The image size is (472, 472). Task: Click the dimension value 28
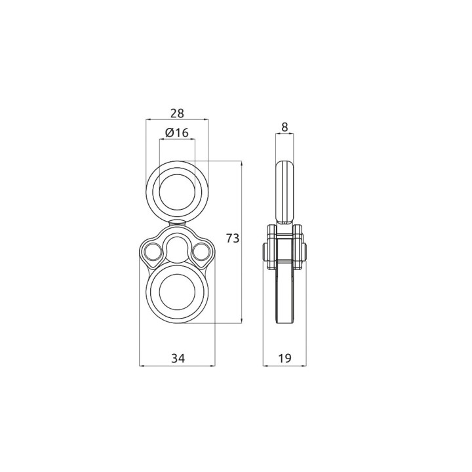177,113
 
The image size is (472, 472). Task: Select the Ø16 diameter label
177,132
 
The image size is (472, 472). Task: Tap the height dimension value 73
233,238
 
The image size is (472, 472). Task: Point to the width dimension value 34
178,358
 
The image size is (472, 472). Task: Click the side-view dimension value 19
285,358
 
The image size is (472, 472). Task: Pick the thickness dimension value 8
285,127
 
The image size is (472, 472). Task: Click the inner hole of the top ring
177,192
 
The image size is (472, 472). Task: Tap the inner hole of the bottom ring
177,292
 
